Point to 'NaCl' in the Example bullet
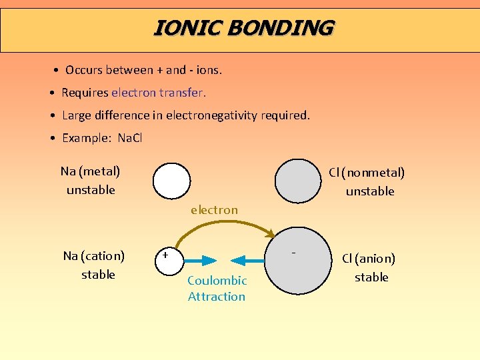click(x=130, y=138)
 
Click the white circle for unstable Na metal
click(x=171, y=182)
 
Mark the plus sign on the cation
click(x=165, y=255)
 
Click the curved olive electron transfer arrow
click(x=220, y=223)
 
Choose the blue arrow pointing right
click(x=201, y=260)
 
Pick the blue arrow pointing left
click(x=250, y=260)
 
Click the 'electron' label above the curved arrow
click(x=214, y=210)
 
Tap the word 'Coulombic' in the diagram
click(x=217, y=281)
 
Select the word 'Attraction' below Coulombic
click(x=217, y=297)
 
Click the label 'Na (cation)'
click(x=94, y=256)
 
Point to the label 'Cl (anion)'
click(x=369, y=259)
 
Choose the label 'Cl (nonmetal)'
click(x=367, y=173)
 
